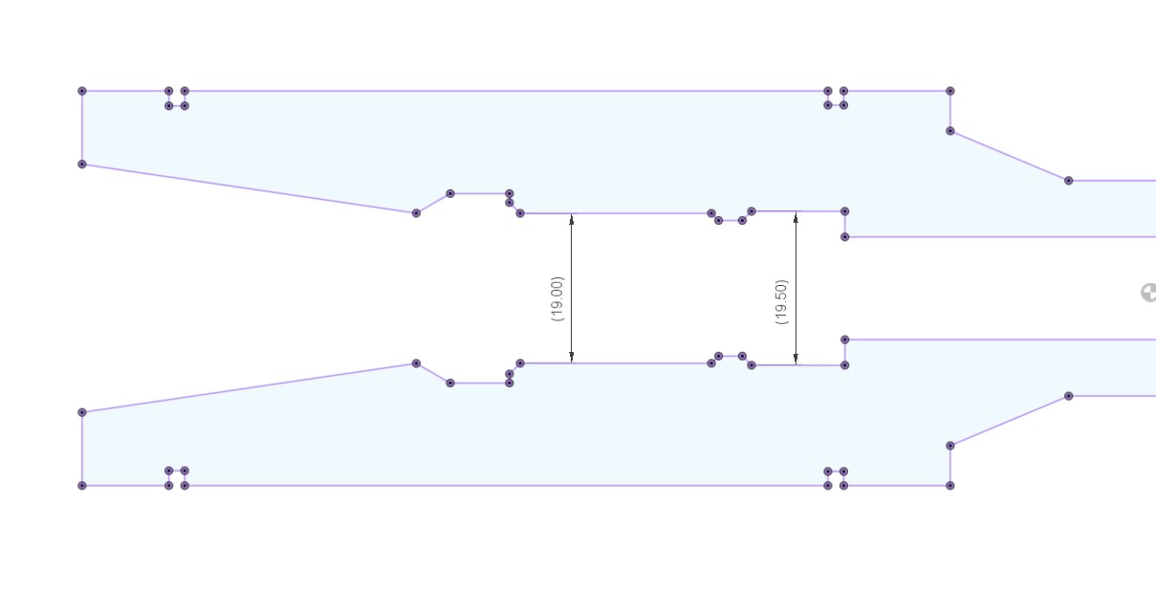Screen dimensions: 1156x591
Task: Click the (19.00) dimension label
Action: click(x=557, y=299)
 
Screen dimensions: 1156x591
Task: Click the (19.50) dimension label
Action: click(x=782, y=302)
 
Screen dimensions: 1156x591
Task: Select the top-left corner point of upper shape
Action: click(x=82, y=91)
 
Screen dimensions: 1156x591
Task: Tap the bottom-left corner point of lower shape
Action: click(x=82, y=485)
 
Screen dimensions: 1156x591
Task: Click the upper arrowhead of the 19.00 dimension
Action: click(x=571, y=219)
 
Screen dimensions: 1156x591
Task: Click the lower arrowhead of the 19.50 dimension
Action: click(x=796, y=359)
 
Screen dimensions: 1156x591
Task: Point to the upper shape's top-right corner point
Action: click(x=950, y=91)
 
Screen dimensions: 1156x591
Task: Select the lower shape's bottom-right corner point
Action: click(x=950, y=485)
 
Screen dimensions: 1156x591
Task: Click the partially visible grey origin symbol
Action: click(x=1148, y=293)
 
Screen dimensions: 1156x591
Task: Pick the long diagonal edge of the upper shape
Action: click(x=250, y=189)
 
